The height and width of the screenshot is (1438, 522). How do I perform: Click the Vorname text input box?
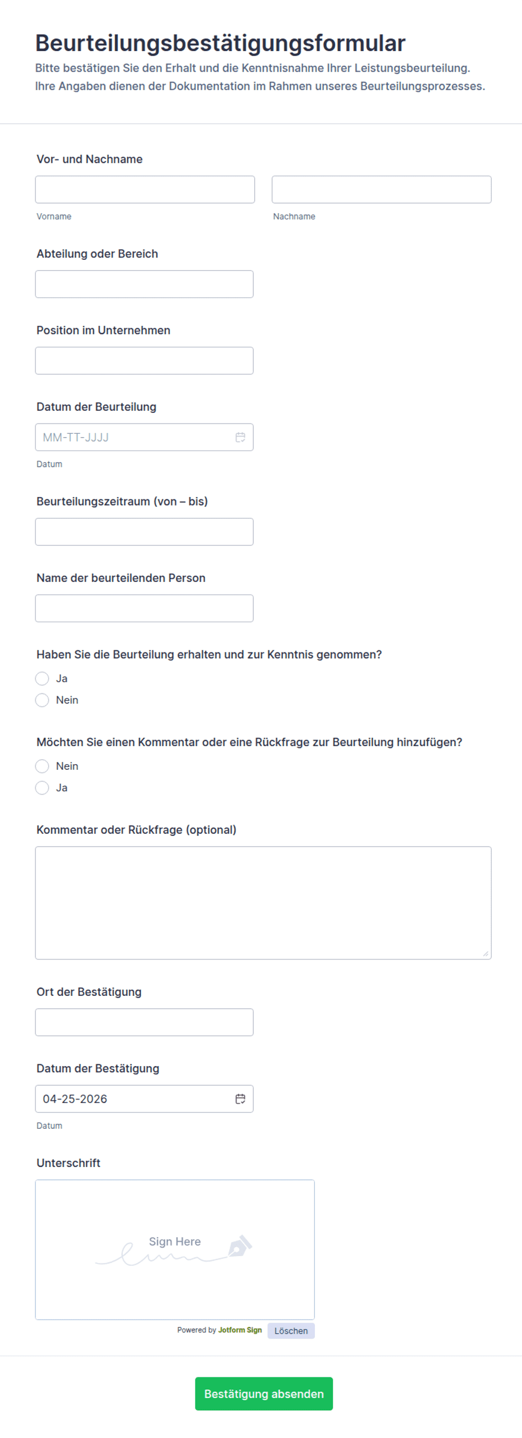pyautogui.click(x=145, y=190)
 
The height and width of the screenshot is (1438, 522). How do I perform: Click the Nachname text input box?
pyautogui.click(x=381, y=190)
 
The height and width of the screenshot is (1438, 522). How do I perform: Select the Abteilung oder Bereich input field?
pyautogui.click(x=144, y=284)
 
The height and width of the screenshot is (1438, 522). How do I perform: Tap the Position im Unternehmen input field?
pyautogui.click(x=144, y=361)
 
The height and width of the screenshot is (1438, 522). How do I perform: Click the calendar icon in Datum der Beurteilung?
pyautogui.click(x=240, y=437)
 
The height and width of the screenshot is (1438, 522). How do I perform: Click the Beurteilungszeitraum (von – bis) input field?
pyautogui.click(x=144, y=532)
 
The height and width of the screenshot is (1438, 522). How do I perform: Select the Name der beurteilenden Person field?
pyautogui.click(x=144, y=608)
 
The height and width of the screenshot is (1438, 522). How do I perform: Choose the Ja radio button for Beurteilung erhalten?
pyautogui.click(x=42, y=678)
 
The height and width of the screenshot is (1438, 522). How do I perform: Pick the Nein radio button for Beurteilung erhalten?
pyautogui.click(x=42, y=700)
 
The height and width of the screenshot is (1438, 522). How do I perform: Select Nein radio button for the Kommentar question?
pyautogui.click(x=42, y=766)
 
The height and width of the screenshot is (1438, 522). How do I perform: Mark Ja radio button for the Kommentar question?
pyautogui.click(x=42, y=788)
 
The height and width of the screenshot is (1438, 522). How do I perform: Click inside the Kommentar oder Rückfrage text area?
pyautogui.click(x=263, y=902)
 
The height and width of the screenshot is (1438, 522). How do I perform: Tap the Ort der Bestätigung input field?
pyautogui.click(x=144, y=1022)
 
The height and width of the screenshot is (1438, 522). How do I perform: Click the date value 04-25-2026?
pyautogui.click(x=75, y=1099)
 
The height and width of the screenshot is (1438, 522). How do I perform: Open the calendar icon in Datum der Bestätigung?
pyautogui.click(x=240, y=1099)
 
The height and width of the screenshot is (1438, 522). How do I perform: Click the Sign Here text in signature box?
pyautogui.click(x=175, y=1242)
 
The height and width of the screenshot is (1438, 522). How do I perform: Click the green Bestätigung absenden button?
pyautogui.click(x=264, y=1394)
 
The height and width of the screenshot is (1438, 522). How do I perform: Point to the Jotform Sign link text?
pyautogui.click(x=240, y=1330)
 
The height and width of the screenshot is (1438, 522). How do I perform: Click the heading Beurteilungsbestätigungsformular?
pyautogui.click(x=220, y=43)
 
